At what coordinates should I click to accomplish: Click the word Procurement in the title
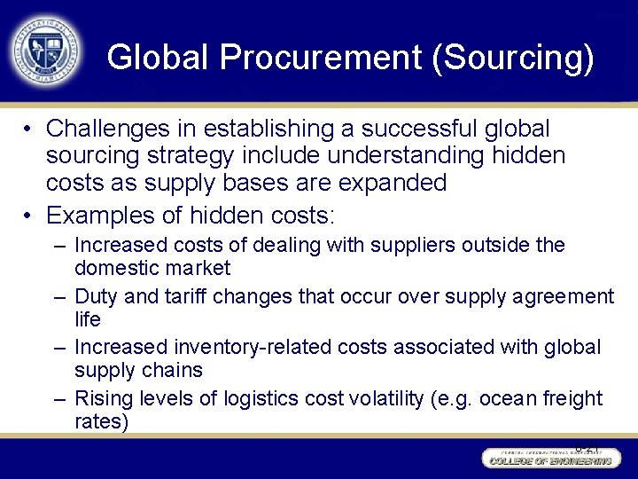[319, 58]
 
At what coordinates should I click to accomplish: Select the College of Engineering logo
[549, 459]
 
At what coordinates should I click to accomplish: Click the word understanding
[413, 155]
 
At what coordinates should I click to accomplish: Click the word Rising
[103, 398]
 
